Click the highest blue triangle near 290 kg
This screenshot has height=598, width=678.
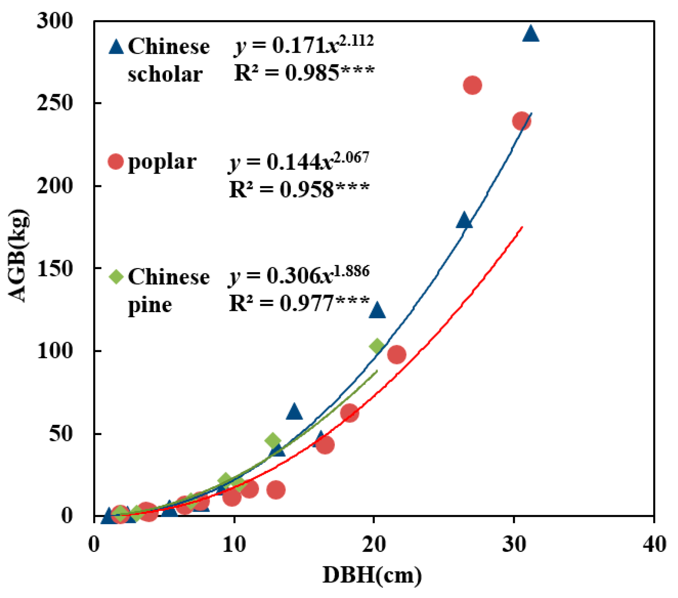point(531,34)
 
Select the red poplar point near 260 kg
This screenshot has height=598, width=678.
point(473,85)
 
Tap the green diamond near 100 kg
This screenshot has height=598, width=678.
point(377,346)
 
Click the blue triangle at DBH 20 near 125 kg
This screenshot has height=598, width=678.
point(377,311)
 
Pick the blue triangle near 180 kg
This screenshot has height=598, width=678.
point(464,221)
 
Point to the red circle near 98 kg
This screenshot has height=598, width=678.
point(396,355)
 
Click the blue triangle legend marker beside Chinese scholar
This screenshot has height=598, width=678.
point(116,47)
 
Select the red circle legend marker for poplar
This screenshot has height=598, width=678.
point(116,161)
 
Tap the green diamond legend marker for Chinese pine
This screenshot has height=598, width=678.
point(116,276)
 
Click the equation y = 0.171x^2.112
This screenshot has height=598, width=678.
point(304,45)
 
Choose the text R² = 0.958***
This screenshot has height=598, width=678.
point(299,189)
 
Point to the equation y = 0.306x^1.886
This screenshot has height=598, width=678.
point(299,275)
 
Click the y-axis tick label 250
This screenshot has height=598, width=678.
point(55,103)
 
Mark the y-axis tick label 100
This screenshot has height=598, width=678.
point(55,351)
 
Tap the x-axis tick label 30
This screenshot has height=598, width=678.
point(514,544)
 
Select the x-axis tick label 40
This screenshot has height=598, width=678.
point(654,544)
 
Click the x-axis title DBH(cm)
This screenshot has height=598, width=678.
point(372,575)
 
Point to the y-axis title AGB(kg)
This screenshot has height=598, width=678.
point(18,256)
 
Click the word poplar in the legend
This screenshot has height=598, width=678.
point(162,162)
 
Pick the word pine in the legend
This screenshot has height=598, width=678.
point(150,305)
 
